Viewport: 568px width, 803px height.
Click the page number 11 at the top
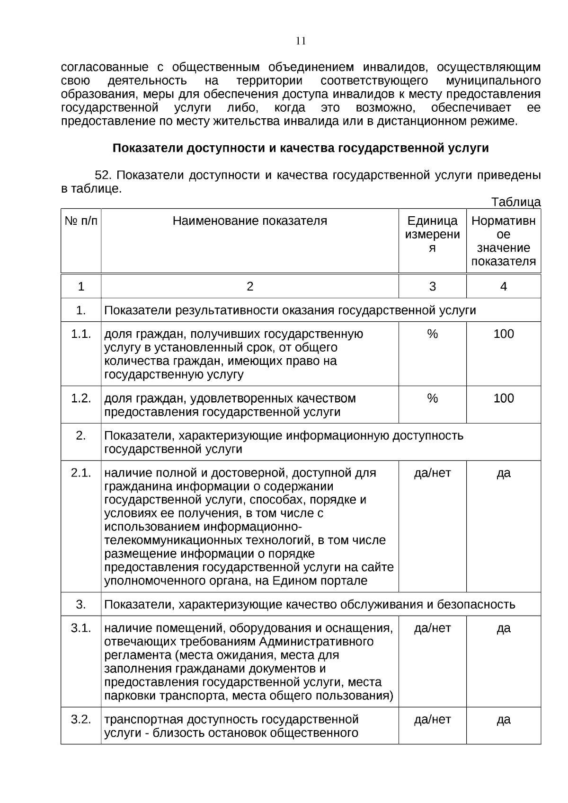point(301,41)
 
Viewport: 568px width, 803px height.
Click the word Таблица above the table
point(515,202)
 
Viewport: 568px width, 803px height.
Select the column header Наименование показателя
point(249,221)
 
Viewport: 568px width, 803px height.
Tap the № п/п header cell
point(81,221)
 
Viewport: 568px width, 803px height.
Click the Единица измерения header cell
point(432,234)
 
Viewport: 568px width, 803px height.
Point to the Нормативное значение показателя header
point(503,241)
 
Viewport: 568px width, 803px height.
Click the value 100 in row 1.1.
point(503,334)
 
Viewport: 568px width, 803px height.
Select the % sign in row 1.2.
point(432,398)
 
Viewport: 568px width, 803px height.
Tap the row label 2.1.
point(81,473)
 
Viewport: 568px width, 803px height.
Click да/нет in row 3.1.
point(432,628)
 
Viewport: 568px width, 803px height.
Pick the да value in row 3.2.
point(503,720)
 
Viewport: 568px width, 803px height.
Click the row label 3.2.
point(81,720)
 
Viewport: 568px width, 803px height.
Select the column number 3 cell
point(432,286)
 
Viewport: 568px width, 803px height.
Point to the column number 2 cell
point(249,286)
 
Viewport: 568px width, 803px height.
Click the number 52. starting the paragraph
point(103,176)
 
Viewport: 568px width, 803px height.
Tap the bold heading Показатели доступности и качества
point(301,148)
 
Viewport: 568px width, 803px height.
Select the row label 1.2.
point(81,398)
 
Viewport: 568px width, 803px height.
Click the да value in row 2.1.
point(503,473)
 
